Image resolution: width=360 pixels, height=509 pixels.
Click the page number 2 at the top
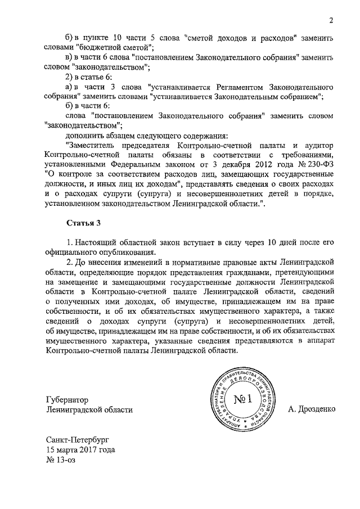[332, 21]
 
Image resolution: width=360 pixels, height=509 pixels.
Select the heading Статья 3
[83, 223]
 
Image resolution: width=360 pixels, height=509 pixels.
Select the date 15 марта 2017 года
[81, 450]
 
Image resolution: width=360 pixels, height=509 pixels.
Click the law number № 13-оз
[60, 460]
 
